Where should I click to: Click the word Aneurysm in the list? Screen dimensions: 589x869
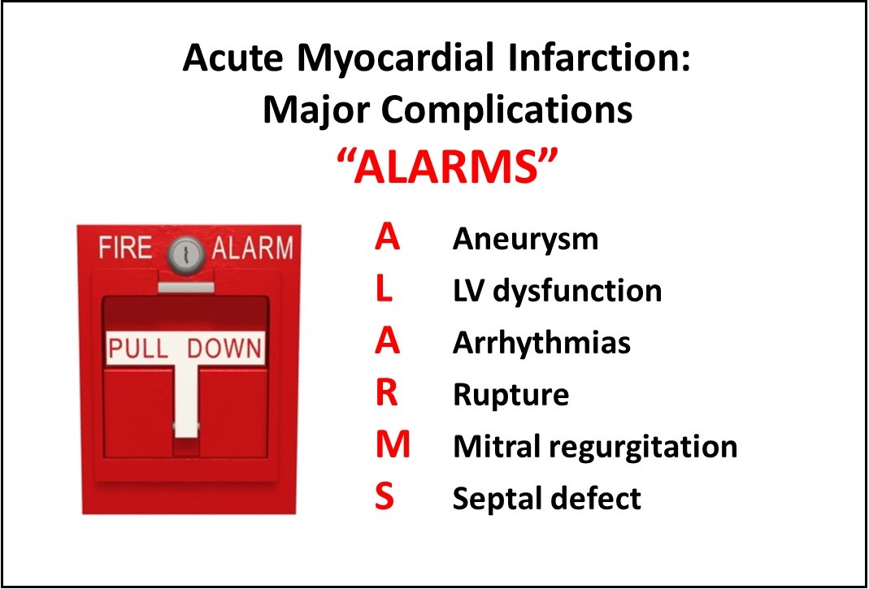tap(525, 240)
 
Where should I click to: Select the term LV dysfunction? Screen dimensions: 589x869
tap(557, 291)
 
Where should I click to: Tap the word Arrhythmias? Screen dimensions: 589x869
tap(541, 343)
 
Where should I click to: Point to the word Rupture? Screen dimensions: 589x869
tap(511, 395)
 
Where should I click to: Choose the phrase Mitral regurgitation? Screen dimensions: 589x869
tap(595, 446)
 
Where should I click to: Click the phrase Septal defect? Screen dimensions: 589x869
tap(547, 497)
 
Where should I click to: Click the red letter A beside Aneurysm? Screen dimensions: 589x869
tap(387, 239)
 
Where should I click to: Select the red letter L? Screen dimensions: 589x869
tap(385, 290)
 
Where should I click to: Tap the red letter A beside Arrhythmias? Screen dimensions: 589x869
tap(387, 342)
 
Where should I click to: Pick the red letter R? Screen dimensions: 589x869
tap(386, 394)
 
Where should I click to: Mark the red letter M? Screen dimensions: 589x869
tap(393, 445)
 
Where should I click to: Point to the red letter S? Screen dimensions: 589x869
tap(385, 497)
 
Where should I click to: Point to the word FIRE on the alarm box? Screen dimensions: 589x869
tap(127, 248)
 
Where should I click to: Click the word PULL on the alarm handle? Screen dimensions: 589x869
tap(138, 349)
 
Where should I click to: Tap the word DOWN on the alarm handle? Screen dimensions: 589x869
tap(225, 349)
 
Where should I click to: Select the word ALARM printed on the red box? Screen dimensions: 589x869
tap(252, 248)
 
